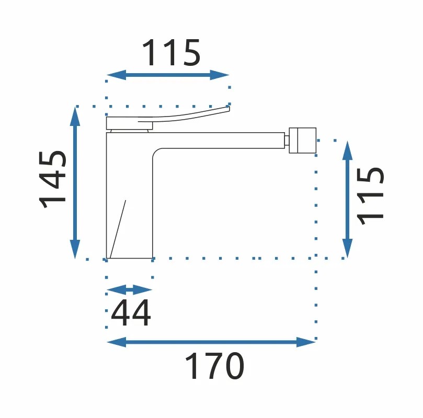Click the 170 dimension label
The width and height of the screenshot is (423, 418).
point(214,366)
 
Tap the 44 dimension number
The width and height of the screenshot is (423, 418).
point(131,313)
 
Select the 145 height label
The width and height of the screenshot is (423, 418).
point(53,180)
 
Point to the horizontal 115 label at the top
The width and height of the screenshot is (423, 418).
point(172,53)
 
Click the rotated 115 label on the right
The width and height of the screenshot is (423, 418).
point(370,196)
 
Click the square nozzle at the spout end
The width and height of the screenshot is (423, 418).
point(302,141)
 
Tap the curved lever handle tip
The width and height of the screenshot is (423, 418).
point(229,108)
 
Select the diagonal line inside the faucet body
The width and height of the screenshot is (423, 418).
point(118,229)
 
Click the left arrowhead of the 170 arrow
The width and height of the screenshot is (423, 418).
point(117,342)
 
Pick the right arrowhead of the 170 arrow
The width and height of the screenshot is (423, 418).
point(306,342)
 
